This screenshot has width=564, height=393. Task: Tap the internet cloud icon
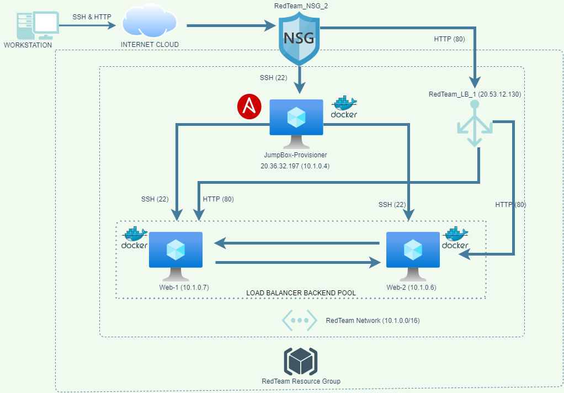point(150,23)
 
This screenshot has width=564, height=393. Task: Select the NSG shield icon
point(299,38)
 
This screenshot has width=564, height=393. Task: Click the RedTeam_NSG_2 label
point(299,6)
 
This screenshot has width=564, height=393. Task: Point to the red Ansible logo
point(249,107)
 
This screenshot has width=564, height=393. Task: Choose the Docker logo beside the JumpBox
point(344,107)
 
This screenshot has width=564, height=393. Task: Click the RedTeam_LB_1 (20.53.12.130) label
point(475,94)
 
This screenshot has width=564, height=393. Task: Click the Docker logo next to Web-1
point(134,238)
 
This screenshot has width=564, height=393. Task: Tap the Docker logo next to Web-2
point(456,238)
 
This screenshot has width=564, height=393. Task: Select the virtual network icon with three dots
point(299,320)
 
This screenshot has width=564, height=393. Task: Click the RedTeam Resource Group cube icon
point(301,362)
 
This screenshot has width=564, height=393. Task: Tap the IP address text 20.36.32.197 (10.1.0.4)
point(296,166)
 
